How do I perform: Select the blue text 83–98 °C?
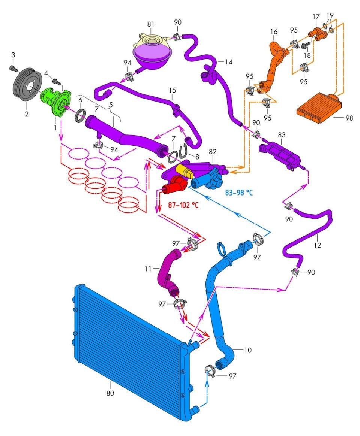238,193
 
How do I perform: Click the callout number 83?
282,133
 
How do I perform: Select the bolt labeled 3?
13,68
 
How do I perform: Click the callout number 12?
318,246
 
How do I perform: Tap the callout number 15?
172,91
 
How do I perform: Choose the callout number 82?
213,151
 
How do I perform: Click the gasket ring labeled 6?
81,115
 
